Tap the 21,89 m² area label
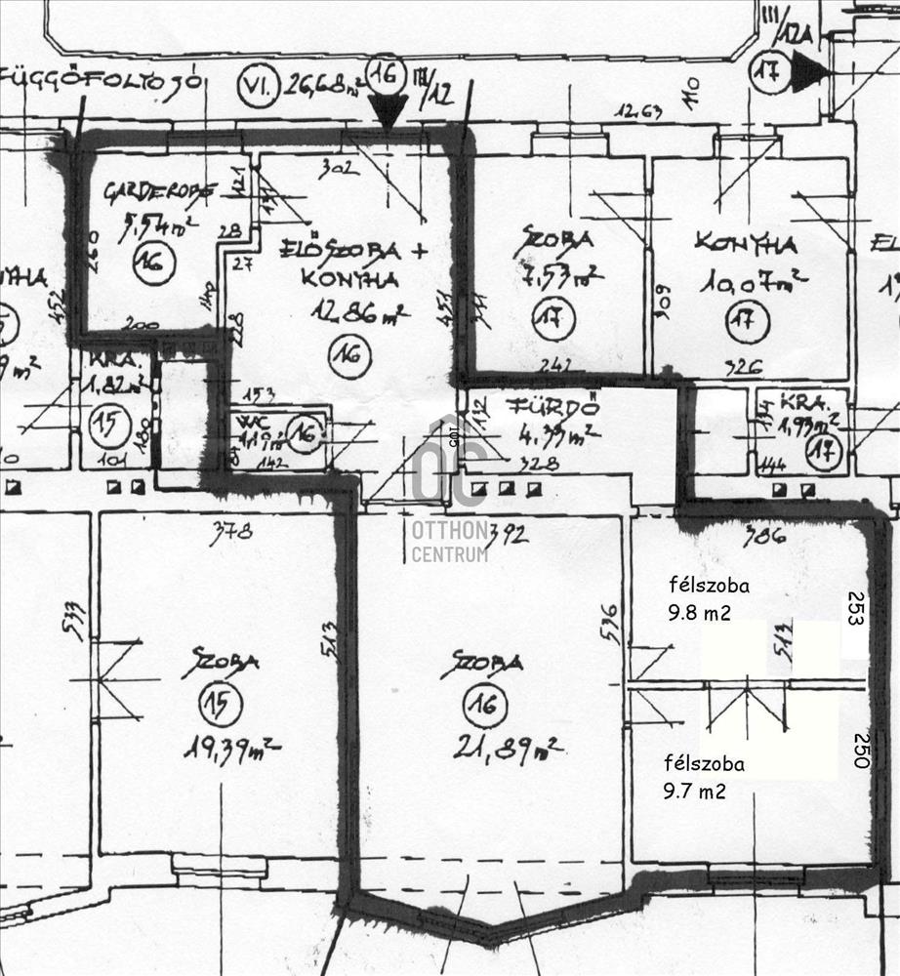(x=507, y=749)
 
